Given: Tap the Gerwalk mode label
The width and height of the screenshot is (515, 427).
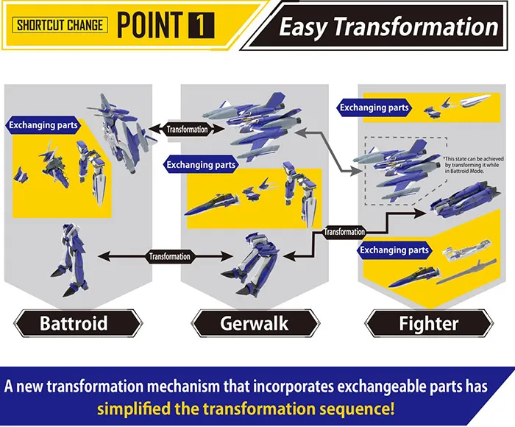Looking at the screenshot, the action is coord(255,323).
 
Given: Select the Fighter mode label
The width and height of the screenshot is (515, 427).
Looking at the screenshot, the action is coord(429,323).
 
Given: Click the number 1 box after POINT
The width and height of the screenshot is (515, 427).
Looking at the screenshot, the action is coord(202,26).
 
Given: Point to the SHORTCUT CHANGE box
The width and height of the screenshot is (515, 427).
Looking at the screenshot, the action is coord(60,25).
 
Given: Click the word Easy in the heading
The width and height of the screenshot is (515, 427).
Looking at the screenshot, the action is coord(303,27).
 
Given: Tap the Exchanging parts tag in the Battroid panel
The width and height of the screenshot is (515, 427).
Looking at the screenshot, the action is coord(43,125).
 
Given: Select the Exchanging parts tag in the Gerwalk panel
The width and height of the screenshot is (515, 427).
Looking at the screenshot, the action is coord(201,165).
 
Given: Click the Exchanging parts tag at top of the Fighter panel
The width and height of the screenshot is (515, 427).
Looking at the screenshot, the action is coord(374,107).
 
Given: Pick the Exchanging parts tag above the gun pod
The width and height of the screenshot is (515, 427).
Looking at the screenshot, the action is coord(394,250).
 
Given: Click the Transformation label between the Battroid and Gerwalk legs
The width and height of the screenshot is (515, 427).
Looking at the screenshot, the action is coord(169,256).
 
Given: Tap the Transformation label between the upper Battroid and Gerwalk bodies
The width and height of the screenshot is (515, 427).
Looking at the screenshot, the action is coord(187,130).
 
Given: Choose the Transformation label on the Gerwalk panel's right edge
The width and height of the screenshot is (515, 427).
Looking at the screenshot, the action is coord(344,232).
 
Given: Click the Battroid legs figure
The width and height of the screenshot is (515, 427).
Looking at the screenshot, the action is coord(70,260).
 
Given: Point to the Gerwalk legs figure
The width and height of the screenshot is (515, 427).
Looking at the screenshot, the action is coord(252,265).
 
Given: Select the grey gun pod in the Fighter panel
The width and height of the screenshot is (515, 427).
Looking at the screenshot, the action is coord(466,272).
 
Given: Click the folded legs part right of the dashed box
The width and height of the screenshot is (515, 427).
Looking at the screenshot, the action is coord(466,198).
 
